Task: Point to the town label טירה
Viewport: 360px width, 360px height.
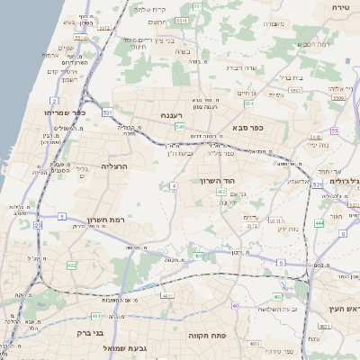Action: [340, 6]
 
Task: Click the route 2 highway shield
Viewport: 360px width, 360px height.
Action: [55, 101]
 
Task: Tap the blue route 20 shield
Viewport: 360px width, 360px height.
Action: [38, 226]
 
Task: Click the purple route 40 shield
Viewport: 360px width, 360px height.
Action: [235, 306]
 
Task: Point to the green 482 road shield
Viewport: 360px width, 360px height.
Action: [71, 265]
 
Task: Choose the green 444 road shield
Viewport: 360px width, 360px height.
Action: [319, 222]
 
